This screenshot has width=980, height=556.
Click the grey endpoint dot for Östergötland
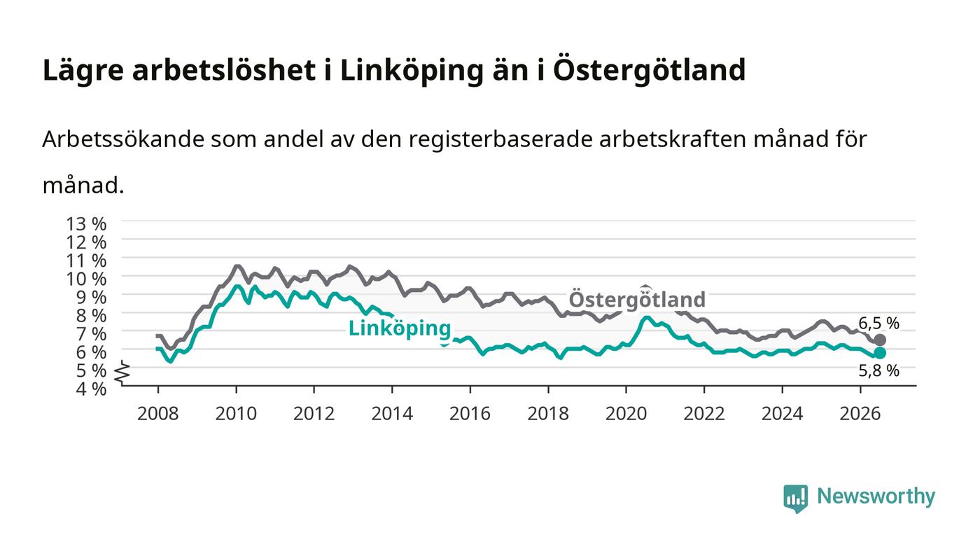coord(880,340)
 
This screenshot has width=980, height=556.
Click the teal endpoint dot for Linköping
coord(880,353)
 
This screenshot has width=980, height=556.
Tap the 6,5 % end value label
coord(878,324)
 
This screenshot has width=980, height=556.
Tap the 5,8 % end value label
coord(878,371)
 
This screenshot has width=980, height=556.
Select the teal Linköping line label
coord(400,328)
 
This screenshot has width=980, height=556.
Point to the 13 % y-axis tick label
coord(86,223)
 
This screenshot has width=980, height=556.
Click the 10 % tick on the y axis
coord(86,279)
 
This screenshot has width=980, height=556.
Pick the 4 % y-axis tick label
coord(92,389)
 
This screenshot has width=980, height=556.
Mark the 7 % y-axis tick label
coord(92,334)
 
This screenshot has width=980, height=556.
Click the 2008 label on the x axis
coord(158,414)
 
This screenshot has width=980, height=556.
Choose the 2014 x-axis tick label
coord(392,414)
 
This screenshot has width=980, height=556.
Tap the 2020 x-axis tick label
coord(626,414)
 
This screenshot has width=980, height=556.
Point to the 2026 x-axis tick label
coord(860,414)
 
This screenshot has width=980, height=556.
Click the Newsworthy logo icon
coord(796,499)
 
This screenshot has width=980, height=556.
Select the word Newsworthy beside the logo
coord(876,496)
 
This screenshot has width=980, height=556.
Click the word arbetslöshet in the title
coord(223,70)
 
